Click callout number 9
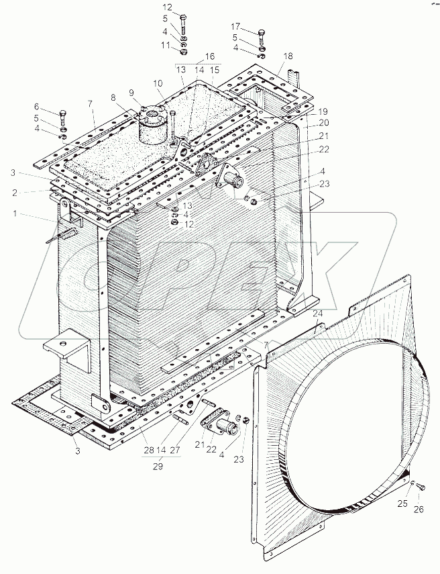pyautogui.click(x=131, y=92)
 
